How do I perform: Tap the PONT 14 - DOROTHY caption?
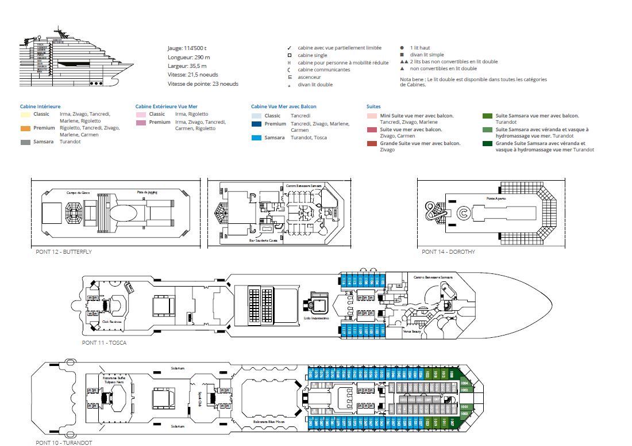tap(448, 251)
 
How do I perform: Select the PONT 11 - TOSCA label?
tap(104, 342)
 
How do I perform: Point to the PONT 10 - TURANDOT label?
tap(63, 442)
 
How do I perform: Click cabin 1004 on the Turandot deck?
tap(465, 383)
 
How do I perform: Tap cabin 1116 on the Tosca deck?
tap(344, 281)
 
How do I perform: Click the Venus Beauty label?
tap(413, 332)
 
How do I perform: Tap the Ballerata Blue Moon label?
tap(268, 422)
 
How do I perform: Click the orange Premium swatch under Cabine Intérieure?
tap(26, 128)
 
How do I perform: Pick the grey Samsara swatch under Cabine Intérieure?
tap(26, 142)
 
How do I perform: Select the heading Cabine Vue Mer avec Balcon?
tap(283, 106)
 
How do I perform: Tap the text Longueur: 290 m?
tap(188, 58)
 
